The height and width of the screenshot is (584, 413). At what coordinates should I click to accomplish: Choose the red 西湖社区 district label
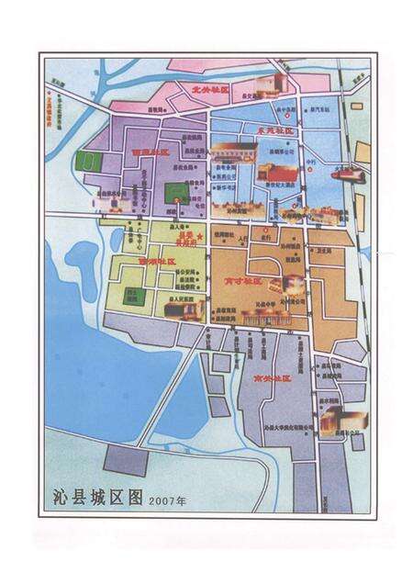pyautogui.click(x=156, y=261)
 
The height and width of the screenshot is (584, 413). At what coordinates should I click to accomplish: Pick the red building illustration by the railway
pyautogui.click(x=349, y=173)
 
